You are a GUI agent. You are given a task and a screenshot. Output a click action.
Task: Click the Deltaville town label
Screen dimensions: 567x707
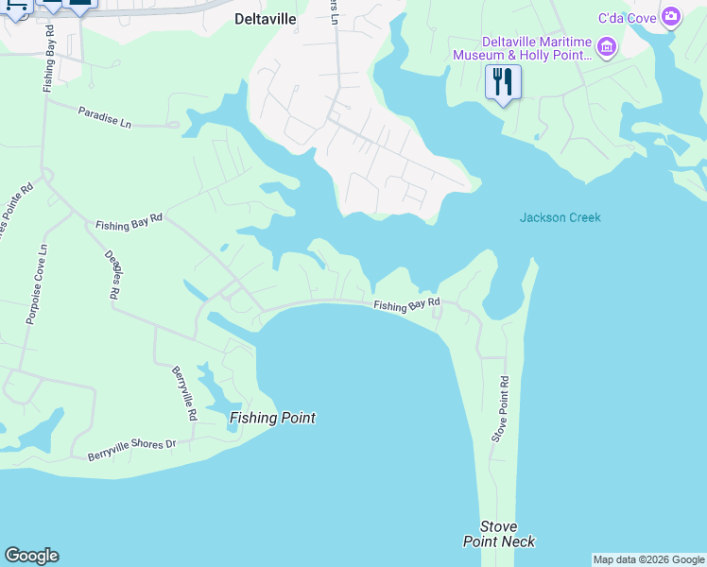tap(266, 19)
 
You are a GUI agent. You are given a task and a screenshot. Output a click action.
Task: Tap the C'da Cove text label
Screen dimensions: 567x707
tap(627, 17)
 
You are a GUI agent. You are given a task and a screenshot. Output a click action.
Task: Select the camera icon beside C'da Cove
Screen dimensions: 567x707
tap(671, 16)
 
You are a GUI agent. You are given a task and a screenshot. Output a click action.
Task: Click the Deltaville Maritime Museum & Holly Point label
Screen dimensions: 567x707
tap(536, 48)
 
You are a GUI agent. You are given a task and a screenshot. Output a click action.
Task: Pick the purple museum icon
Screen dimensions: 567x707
tap(608, 45)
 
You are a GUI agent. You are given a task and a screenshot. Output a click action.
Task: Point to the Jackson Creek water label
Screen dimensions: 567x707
tap(560, 218)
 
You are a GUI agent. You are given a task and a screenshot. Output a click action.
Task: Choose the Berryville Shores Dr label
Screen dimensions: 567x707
tap(132, 449)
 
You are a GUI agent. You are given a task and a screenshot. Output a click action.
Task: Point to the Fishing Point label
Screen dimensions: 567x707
tap(272, 418)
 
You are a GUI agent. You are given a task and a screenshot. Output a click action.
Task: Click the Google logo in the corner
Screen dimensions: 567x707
tap(31, 556)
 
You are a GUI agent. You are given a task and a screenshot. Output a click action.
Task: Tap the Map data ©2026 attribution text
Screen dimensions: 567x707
tap(648, 559)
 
